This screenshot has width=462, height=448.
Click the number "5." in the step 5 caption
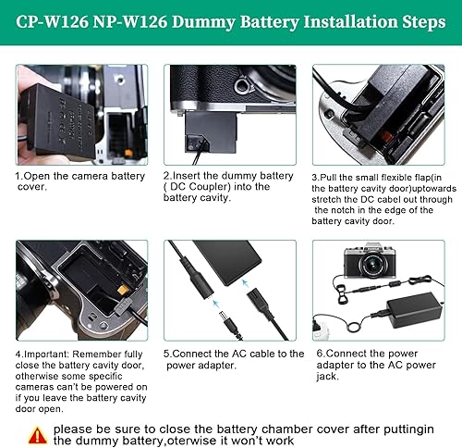tap(168, 353)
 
